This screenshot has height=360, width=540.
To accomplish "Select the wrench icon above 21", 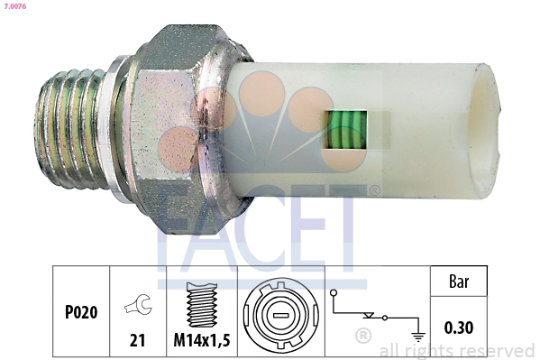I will pos(138,307).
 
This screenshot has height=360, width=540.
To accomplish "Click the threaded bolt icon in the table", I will pos(200,304).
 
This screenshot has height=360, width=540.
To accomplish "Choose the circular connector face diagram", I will pos(280,316).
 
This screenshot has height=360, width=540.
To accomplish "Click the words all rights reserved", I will pos(457,350).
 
